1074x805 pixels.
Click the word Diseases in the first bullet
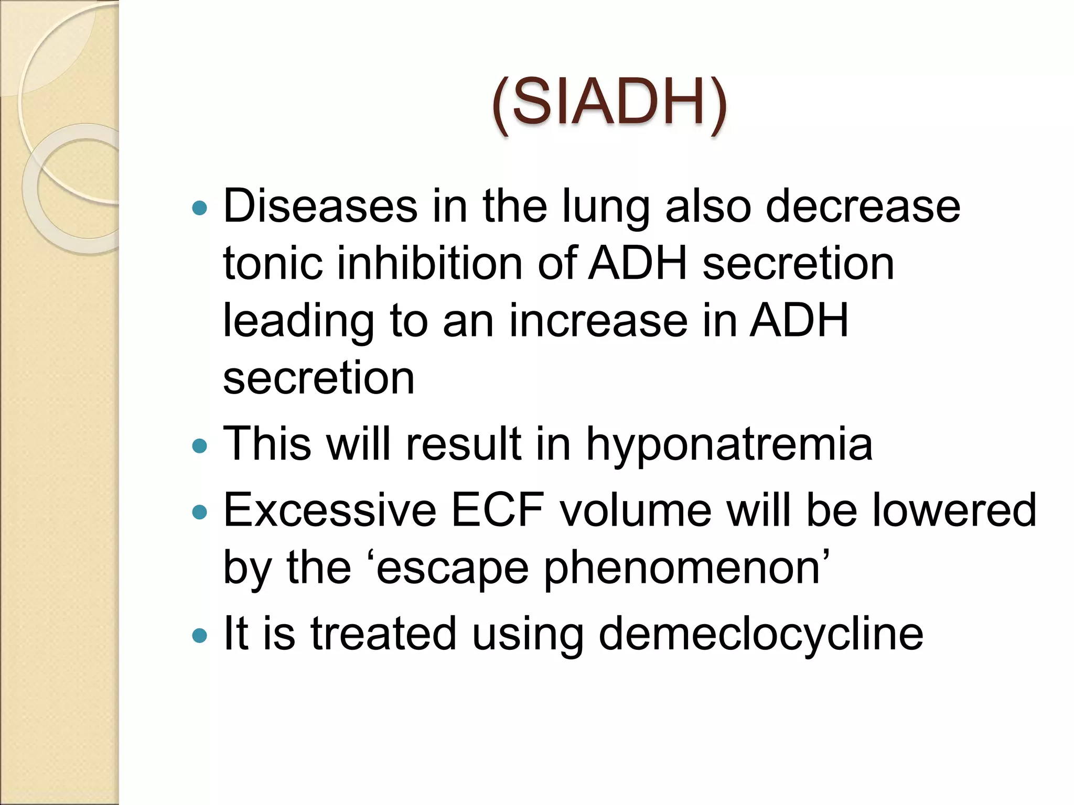point(320,206)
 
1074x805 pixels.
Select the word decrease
point(863,206)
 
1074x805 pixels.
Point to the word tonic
point(273,263)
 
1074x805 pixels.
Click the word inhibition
point(429,263)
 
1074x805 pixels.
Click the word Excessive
point(330,510)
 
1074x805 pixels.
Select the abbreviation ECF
point(497,510)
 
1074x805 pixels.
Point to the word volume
point(635,510)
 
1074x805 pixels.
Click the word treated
point(383,634)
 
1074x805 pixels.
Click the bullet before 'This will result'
point(199,447)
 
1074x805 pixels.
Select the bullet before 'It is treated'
point(199,636)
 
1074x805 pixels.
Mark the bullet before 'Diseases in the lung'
point(199,209)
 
